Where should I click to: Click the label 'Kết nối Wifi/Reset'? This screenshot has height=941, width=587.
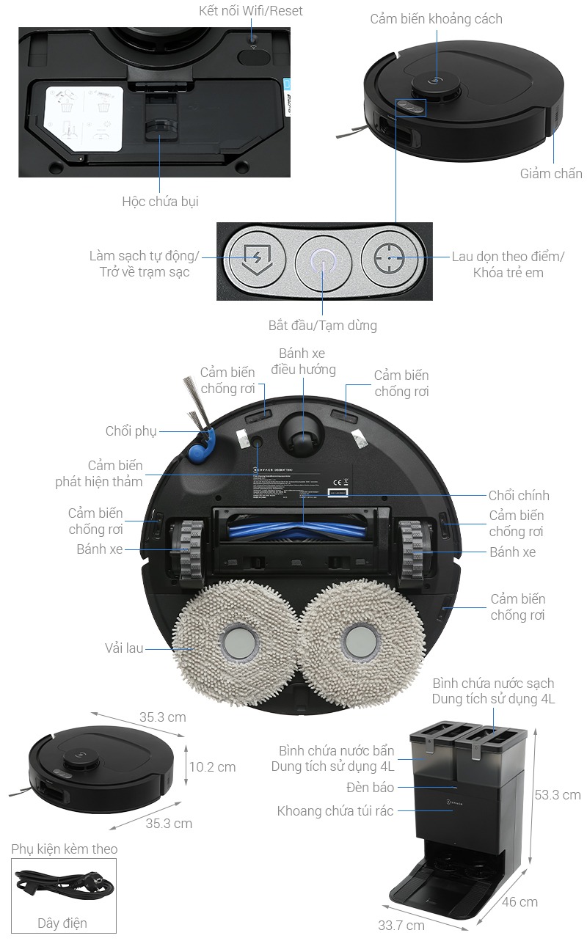[251, 11]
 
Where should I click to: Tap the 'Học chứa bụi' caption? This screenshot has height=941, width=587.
[160, 201]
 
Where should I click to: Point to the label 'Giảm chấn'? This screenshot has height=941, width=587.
[551, 174]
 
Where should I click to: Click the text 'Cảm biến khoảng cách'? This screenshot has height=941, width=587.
[436, 19]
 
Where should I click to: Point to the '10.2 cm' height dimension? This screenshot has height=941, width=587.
[212, 766]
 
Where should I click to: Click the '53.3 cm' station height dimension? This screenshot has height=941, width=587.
[558, 794]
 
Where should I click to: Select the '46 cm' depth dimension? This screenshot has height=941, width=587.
[519, 901]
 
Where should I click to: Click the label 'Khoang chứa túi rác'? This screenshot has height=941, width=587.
[335, 810]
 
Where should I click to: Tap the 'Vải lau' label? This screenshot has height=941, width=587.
[124, 648]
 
